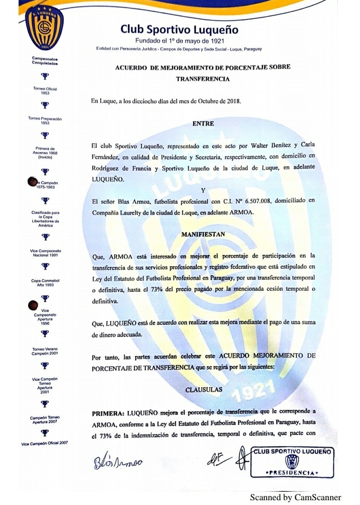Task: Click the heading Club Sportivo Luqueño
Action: tap(179, 30)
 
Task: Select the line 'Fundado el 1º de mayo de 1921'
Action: tap(179, 41)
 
